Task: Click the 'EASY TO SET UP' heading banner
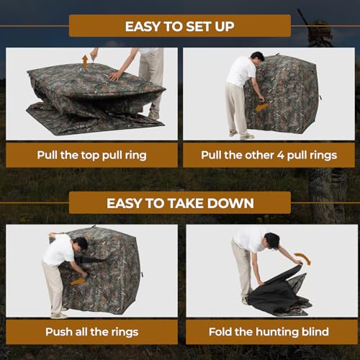pos(179,26)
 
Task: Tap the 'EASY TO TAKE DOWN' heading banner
pos(179,203)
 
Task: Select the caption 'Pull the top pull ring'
pos(91,155)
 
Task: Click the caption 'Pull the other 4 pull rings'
pos(268,155)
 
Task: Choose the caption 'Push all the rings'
pos(91,332)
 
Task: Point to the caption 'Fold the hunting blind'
pos(268,332)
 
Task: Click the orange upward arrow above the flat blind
pos(84,61)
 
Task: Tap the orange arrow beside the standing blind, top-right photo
pos(262,107)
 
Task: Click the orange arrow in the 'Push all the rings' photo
pos(77,280)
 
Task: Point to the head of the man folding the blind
pos(272,240)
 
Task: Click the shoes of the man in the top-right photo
pos(241,135)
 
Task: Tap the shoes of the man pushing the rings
pos(59,315)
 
